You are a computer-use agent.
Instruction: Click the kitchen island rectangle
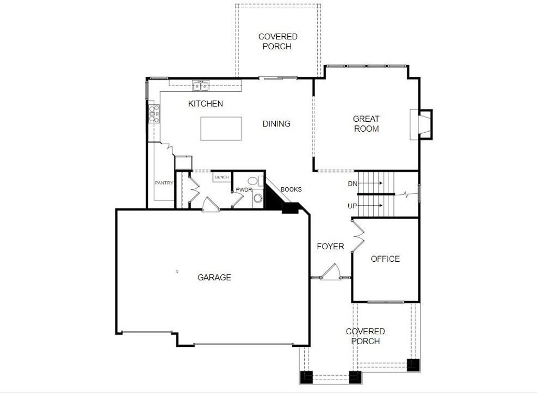pos(221,129)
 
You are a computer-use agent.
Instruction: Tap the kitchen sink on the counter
pos(200,86)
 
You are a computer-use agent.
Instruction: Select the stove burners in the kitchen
pos(154,114)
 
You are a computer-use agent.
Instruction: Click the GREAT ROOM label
pos(366,124)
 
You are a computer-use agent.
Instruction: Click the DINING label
pos(276,124)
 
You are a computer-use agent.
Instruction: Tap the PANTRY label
pos(164,183)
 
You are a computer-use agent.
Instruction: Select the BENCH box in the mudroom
pos(221,177)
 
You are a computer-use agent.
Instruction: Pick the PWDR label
pos(244,189)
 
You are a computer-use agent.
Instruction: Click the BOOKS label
pos(291,189)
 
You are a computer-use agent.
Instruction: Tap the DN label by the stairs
pos(352,184)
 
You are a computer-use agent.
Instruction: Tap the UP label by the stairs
pos(352,206)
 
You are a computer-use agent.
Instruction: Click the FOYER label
pos(330,246)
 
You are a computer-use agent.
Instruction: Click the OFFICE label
pos(385,259)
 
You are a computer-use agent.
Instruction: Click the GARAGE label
pos(214,278)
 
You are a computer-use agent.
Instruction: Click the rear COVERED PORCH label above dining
pos(277,41)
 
